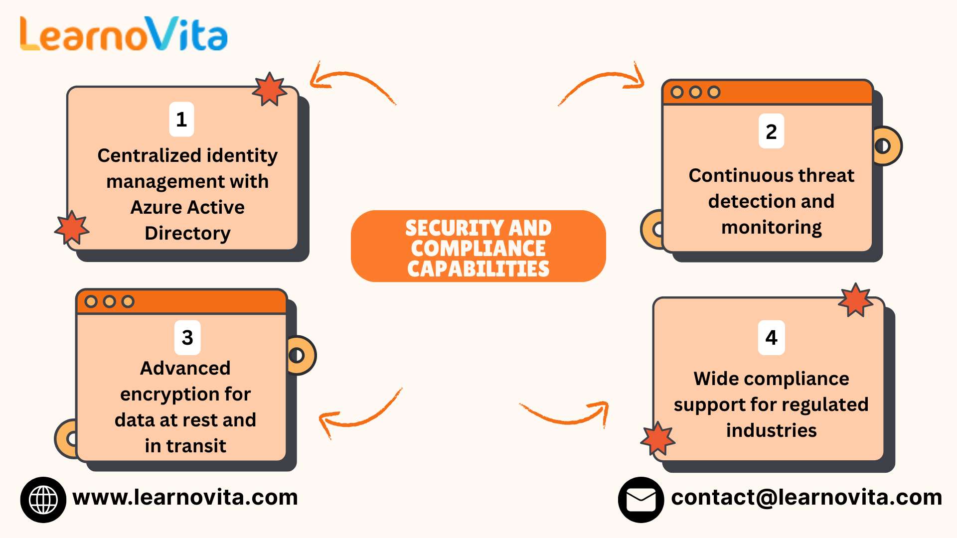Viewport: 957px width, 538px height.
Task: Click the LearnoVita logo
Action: tap(124, 34)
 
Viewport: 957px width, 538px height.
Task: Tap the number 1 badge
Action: tap(181, 120)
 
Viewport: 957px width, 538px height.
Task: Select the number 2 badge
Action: tap(771, 132)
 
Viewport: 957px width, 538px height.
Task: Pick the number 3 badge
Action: tap(187, 338)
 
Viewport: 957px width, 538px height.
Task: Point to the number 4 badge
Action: tap(771, 338)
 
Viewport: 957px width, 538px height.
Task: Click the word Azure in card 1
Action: tap(152, 207)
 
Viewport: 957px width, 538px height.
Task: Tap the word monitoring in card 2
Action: tap(771, 227)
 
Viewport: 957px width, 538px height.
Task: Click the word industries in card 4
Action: tap(771, 430)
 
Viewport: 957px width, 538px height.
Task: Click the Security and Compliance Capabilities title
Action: tap(478, 247)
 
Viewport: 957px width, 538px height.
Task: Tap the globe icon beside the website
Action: tap(43, 500)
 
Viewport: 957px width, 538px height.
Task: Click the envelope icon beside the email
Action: tap(640, 500)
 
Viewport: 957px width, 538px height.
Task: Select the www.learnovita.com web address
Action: tap(185, 497)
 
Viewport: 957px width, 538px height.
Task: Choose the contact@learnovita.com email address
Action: tap(806, 497)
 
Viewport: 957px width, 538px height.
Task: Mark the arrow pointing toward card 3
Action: tap(359, 413)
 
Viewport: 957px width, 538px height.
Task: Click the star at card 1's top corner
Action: tap(269, 90)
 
